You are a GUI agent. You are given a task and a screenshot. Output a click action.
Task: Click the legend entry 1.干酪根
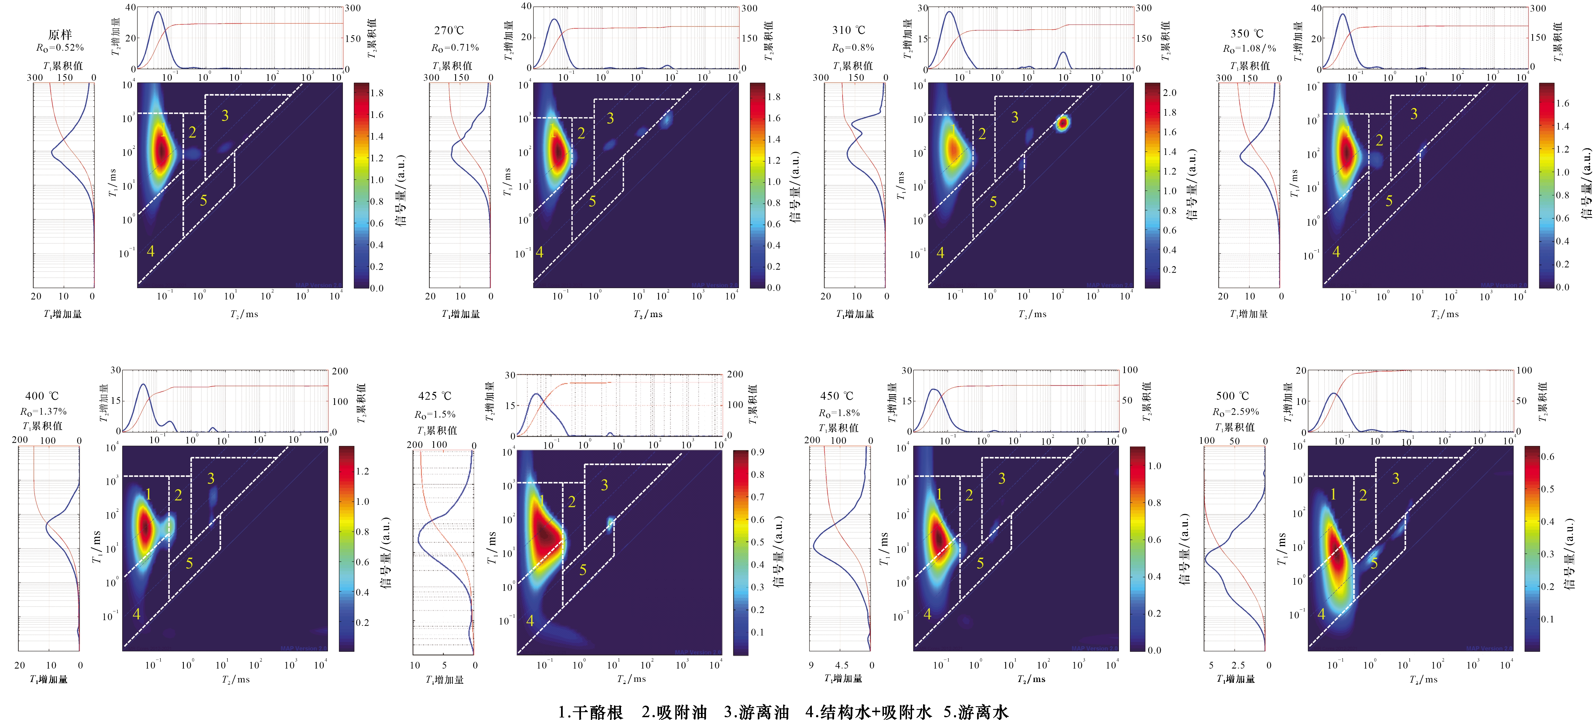[x=591, y=712]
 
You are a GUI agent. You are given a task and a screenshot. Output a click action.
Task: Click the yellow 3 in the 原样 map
[x=225, y=116]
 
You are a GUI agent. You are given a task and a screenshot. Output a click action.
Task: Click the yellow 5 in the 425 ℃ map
[x=582, y=570]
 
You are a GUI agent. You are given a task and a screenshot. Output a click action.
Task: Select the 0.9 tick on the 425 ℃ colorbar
[x=758, y=452]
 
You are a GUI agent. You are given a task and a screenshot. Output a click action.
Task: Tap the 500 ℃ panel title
[x=1232, y=396]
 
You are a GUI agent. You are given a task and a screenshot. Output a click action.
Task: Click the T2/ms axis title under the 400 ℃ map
[x=236, y=679]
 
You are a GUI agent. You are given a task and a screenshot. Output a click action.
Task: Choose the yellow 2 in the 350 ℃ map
[x=1379, y=141]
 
